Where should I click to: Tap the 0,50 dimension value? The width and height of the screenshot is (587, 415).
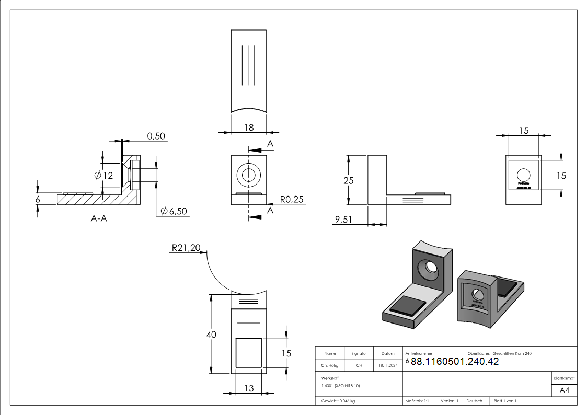pos(156,136)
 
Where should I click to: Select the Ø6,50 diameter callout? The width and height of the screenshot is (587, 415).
pos(174,211)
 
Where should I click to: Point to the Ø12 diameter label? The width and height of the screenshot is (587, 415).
pos(103,176)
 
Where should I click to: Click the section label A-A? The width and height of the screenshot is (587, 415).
pos(99,218)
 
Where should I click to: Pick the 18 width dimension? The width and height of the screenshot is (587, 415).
pos(249,127)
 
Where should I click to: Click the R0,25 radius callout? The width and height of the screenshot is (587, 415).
pos(292,199)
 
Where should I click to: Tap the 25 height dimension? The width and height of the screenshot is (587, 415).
pos(348,180)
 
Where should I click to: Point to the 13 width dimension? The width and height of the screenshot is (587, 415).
pos(249,388)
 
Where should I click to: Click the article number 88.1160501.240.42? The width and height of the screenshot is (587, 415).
pos(455,362)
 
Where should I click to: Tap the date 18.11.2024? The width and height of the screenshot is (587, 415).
pos(388,366)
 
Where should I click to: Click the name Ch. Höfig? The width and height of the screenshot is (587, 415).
pos(330,366)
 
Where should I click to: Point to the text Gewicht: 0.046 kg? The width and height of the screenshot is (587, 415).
pos(338,401)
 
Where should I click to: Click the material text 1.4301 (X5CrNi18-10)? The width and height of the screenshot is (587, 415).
pos(341,385)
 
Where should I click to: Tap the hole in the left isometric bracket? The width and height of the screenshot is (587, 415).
pos(431,267)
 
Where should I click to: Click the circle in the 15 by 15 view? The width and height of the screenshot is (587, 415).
pos(523,175)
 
